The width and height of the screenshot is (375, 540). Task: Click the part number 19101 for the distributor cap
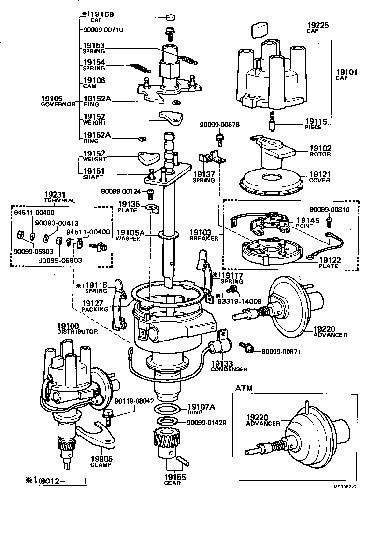[x=346, y=72]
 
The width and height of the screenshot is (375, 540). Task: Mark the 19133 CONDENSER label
[x=229, y=366]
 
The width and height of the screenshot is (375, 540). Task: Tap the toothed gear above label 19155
[x=167, y=439]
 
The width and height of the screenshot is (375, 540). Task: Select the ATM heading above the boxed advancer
[x=244, y=388]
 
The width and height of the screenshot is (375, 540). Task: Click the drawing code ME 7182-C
[x=344, y=486]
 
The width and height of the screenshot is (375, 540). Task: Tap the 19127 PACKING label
[x=95, y=306]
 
